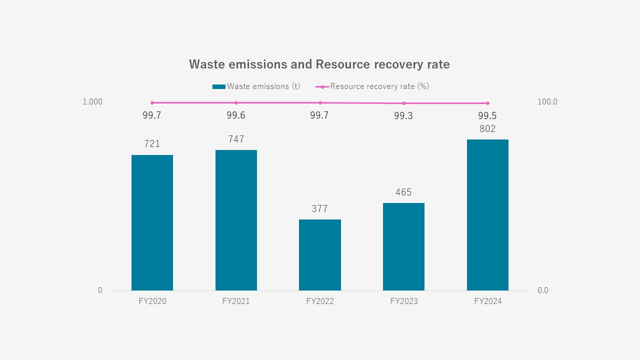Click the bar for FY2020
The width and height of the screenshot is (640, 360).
click(152, 222)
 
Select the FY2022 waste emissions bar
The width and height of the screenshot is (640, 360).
click(320, 255)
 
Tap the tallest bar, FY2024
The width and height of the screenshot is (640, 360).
click(487, 215)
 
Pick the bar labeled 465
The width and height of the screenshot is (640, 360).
click(403, 246)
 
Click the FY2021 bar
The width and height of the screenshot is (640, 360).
click(236, 220)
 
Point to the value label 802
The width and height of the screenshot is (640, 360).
click(487, 129)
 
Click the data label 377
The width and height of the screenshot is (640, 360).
click(319, 209)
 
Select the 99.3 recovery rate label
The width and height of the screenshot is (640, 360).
click(403, 116)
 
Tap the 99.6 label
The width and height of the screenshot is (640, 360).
click(236, 115)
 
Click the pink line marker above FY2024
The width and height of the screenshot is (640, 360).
click(487, 103)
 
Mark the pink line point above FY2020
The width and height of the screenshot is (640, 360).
click(152, 102)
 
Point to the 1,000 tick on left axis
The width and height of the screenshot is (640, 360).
click(92, 102)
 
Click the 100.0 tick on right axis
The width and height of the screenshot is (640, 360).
click(547, 102)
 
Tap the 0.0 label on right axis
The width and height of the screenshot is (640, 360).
click(542, 290)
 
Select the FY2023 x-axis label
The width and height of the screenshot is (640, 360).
click(403, 301)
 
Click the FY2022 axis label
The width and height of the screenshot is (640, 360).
click(320, 301)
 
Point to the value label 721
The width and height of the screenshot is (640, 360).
click(152, 144)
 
